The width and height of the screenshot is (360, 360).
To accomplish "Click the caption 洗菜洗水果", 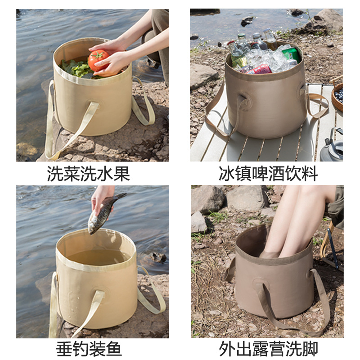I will [88, 173].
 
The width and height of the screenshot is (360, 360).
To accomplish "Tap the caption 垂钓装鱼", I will [89, 349].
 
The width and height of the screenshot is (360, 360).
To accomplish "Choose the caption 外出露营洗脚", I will [268, 349].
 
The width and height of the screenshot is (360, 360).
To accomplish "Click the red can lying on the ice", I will [260, 69].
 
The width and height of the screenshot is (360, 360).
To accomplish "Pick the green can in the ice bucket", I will [291, 54].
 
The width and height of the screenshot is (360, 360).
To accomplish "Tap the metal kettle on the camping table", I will [332, 147].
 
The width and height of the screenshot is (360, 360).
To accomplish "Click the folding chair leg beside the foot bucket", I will [332, 245].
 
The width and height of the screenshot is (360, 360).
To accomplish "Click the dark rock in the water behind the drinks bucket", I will [247, 21].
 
